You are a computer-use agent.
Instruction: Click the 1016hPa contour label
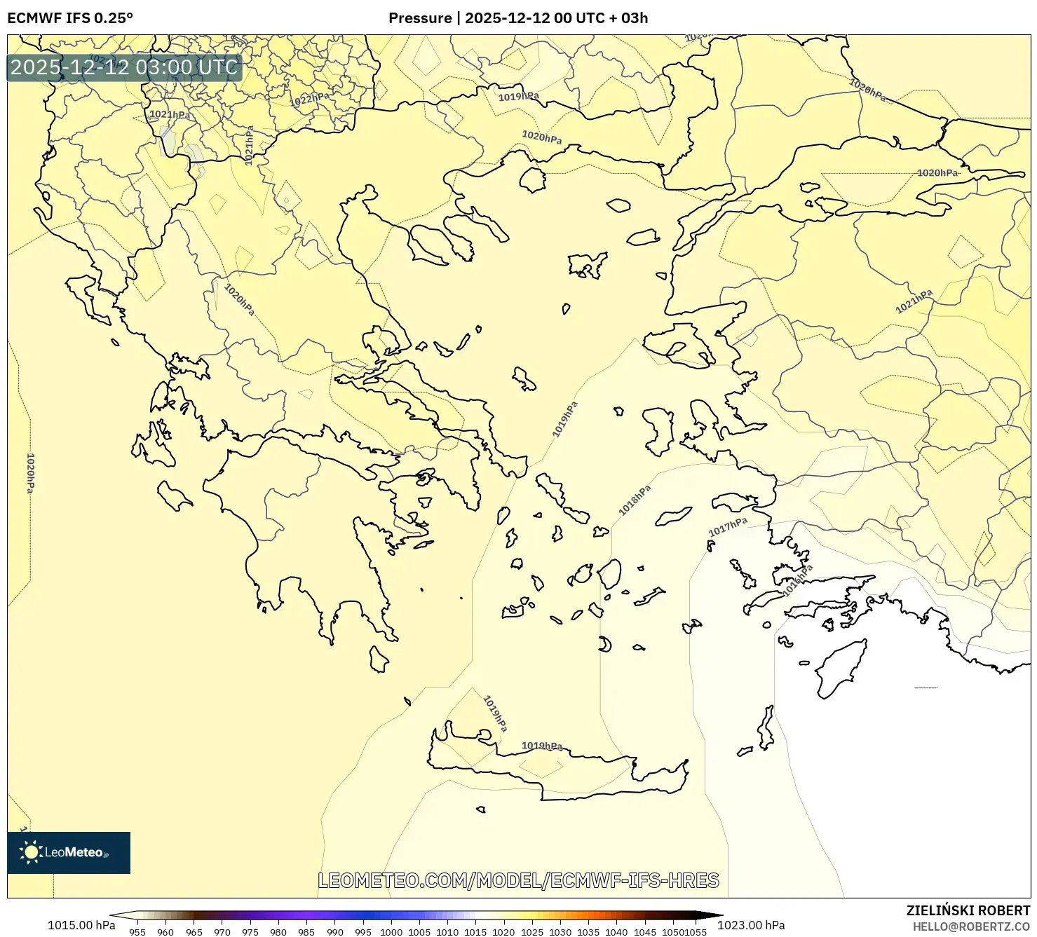798,579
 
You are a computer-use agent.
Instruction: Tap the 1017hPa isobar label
728,527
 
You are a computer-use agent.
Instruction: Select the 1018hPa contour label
635,500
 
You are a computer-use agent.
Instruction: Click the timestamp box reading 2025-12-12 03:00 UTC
124,67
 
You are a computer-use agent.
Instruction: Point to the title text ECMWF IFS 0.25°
70,18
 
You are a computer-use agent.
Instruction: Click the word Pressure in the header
420,18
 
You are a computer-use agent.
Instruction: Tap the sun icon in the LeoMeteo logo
31,852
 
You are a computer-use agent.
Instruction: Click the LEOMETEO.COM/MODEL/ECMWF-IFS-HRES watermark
518,880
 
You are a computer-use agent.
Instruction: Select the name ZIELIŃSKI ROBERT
968,910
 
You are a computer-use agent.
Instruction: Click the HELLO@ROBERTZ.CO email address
971,926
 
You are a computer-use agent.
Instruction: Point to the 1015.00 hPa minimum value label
81,925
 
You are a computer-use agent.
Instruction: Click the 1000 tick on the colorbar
391,932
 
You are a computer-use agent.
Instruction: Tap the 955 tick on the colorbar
137,932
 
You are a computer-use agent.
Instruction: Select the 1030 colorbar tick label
560,932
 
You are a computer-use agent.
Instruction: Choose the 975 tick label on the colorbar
250,932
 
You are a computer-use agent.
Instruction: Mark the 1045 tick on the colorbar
644,932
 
